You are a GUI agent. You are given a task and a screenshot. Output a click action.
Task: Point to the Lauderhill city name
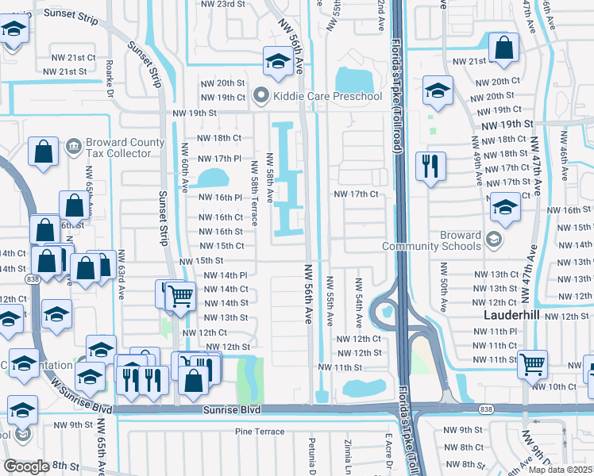[x=512, y=315]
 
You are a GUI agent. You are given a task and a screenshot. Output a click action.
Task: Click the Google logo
[x=26, y=466]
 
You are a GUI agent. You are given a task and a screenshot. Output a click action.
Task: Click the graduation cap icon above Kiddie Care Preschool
[x=276, y=62]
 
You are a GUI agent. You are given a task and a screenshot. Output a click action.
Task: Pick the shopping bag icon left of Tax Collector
[x=44, y=151]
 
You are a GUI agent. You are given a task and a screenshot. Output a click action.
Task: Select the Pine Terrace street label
[x=259, y=432]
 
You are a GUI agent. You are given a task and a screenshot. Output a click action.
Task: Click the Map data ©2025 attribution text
[x=561, y=470]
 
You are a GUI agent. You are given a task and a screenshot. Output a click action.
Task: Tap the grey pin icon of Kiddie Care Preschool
[x=260, y=97]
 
